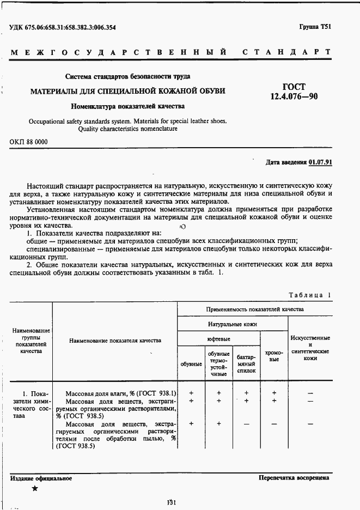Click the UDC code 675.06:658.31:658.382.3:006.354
coord(63,27)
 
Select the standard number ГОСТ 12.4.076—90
coord(294,92)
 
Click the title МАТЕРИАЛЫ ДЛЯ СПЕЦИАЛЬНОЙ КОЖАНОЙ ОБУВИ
coord(128,90)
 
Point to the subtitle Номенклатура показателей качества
coord(128,106)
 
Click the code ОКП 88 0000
coord(29,142)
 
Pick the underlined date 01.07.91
coord(320,162)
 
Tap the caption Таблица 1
coord(310,295)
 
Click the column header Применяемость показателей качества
coord(255,309)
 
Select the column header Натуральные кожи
coord(233,324)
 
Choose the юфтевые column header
coord(218,339)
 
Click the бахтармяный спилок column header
coord(246,363)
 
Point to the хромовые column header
coord(274,356)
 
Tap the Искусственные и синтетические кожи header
coord(310,348)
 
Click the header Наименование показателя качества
coord(115,341)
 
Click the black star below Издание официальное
coord(35,488)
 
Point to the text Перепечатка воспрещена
coord(294,478)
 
